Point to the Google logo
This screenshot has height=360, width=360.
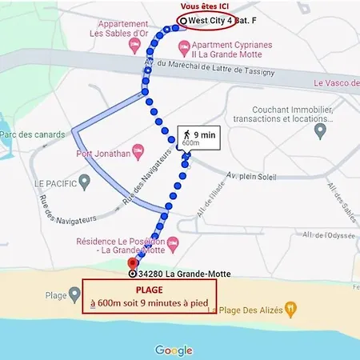click(174, 350)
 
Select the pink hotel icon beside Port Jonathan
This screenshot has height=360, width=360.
click(138, 150)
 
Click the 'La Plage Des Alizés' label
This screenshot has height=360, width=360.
click(247, 310)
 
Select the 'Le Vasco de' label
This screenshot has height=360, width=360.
click(335, 82)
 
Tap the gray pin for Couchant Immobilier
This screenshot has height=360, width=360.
click(322, 130)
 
